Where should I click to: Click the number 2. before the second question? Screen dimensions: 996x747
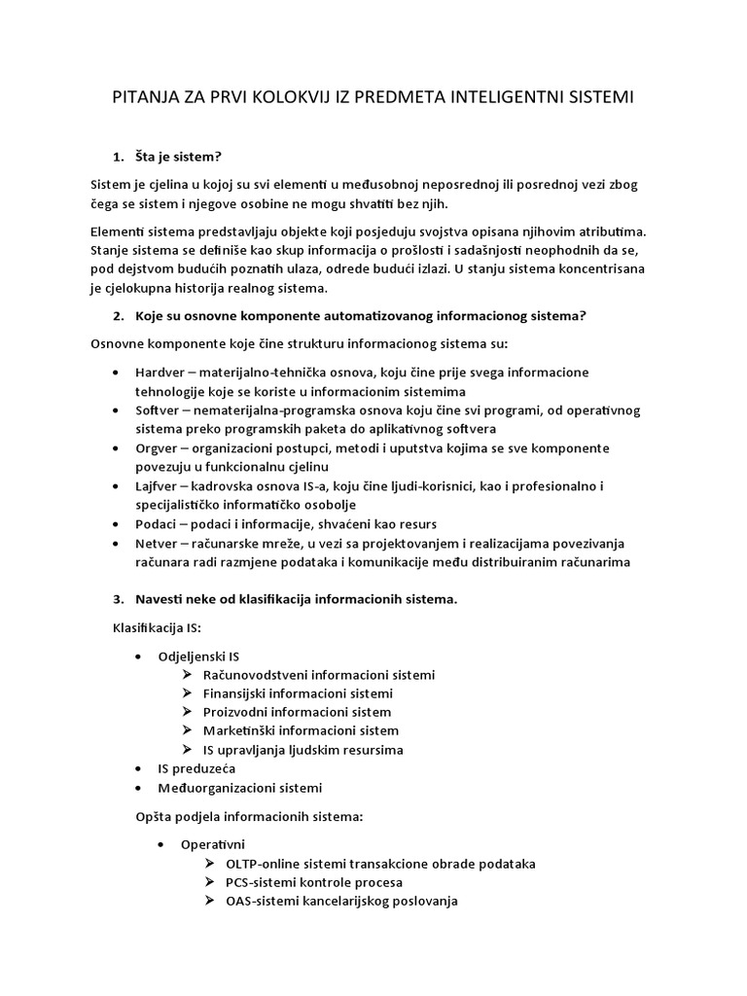119,316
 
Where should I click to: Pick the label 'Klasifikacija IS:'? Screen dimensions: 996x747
144,627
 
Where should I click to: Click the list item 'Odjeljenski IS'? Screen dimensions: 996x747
198,657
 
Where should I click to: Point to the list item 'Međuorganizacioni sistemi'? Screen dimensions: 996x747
239,788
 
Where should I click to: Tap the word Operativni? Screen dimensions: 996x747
212,844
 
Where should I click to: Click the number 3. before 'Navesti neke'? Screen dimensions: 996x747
119,599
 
